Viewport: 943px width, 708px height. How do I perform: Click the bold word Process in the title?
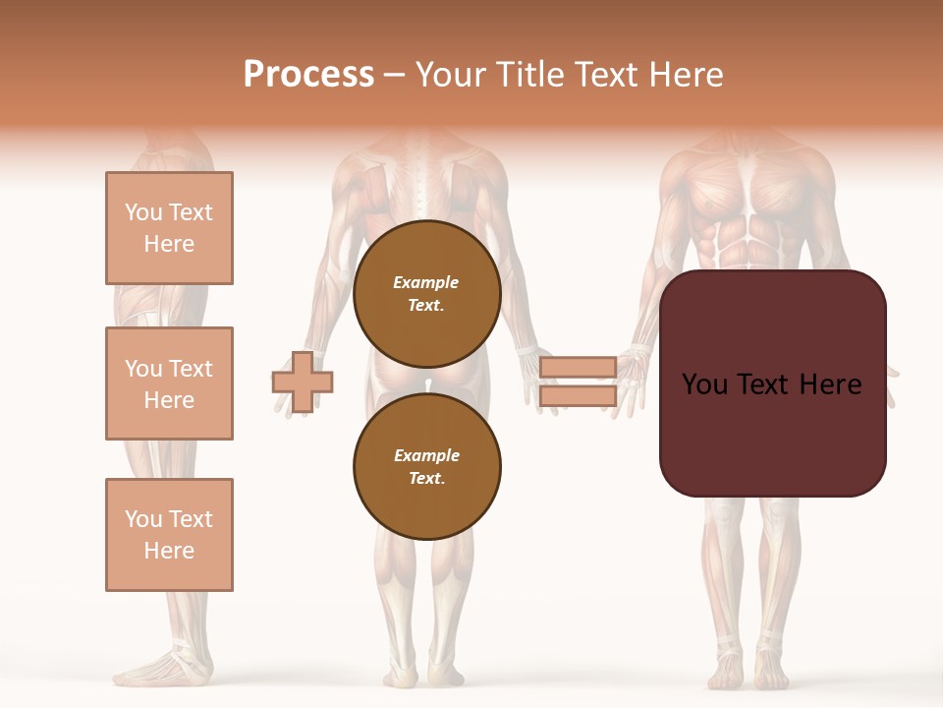tap(308, 75)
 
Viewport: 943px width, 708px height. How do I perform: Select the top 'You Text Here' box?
tap(169, 228)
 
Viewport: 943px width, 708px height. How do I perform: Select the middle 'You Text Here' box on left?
tap(169, 383)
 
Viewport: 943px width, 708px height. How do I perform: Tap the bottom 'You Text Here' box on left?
tap(169, 535)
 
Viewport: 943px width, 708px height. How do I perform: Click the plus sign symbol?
tap(303, 382)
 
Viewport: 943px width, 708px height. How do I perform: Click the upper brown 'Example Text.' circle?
tap(426, 294)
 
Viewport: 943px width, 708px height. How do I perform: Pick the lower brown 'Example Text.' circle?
tap(426, 467)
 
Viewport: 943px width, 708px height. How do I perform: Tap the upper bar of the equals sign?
tap(578, 367)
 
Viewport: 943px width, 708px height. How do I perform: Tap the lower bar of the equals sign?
tap(578, 396)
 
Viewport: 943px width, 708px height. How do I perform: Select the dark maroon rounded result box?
tap(772, 383)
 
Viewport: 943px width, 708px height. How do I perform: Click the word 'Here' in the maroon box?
tap(830, 384)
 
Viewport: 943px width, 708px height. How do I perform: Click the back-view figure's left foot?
tap(400, 674)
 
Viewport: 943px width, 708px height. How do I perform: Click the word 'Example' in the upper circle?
tap(426, 283)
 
